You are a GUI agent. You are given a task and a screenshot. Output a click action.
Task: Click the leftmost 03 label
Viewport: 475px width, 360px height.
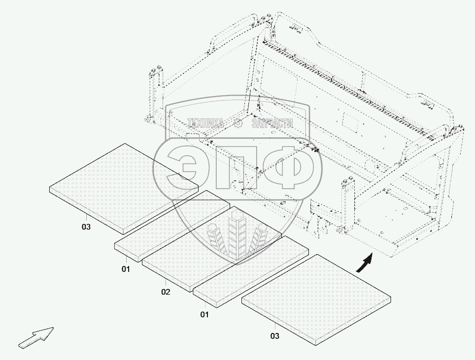86,227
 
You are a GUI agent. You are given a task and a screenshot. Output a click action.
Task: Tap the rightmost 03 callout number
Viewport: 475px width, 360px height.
274,336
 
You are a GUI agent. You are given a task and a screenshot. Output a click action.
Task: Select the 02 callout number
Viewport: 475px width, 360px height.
166,292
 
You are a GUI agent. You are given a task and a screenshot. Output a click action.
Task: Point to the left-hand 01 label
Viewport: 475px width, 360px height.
126,269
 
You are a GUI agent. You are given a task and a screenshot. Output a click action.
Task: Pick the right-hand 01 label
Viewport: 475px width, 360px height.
204,315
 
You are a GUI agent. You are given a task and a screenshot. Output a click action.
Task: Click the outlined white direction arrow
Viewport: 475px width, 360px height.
36,337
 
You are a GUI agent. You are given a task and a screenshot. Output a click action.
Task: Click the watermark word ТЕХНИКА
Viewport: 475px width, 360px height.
206,123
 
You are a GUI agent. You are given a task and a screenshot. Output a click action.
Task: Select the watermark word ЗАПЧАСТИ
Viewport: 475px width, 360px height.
272,123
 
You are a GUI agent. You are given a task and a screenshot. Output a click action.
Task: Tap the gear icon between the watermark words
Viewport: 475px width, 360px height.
238,123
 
